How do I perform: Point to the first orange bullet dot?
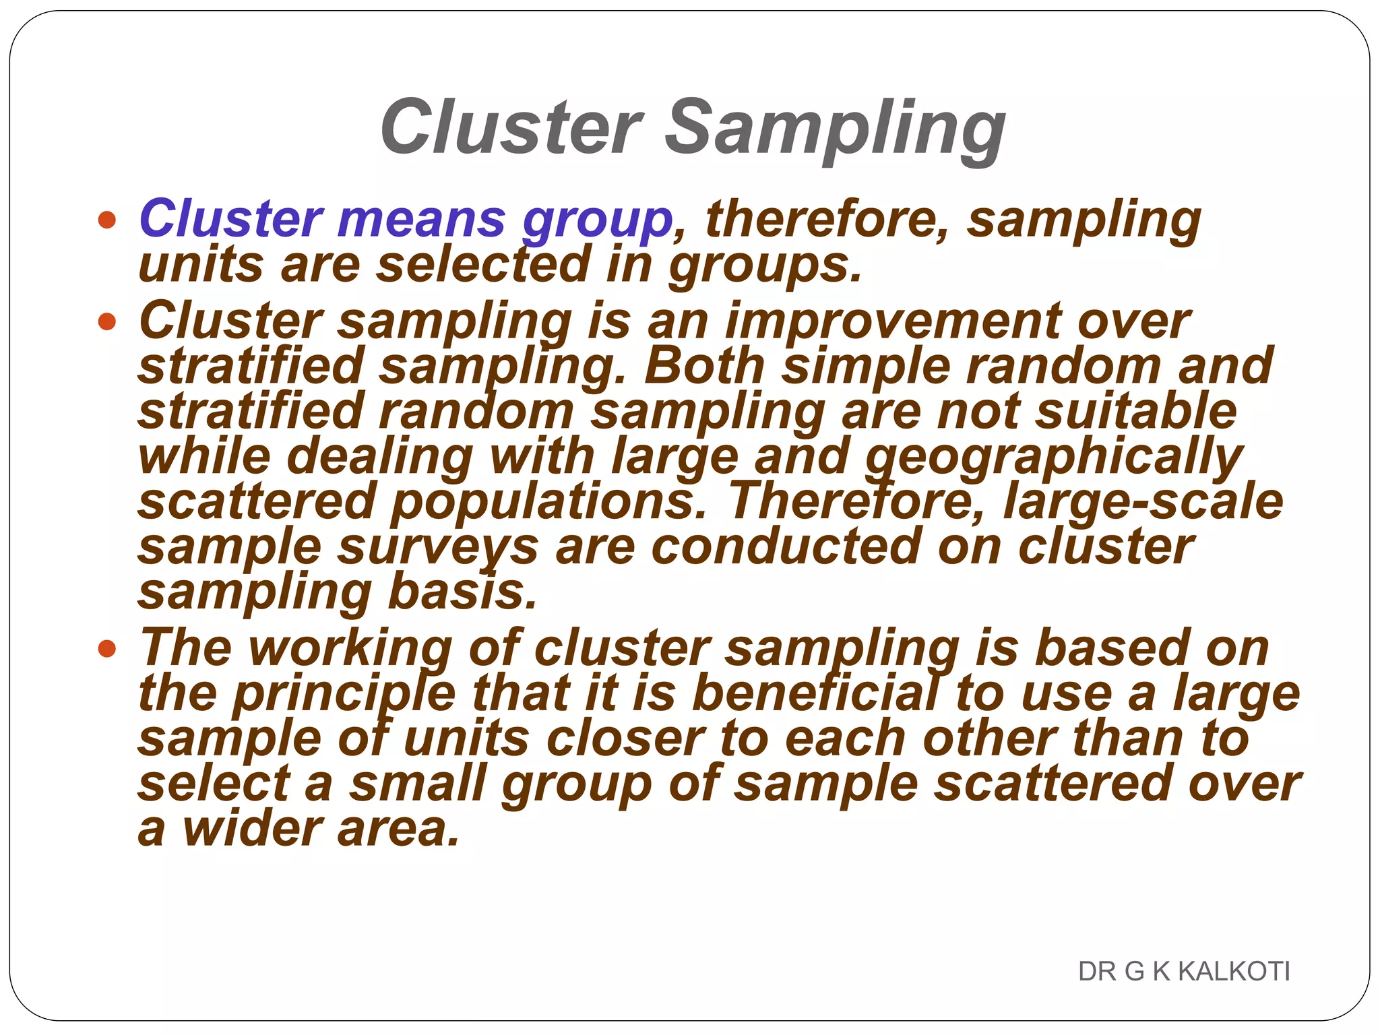(106, 220)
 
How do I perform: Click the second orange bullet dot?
(106, 321)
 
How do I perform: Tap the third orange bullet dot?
(106, 649)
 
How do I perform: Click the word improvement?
(893, 321)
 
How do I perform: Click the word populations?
(548, 503)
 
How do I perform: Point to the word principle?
(344, 695)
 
